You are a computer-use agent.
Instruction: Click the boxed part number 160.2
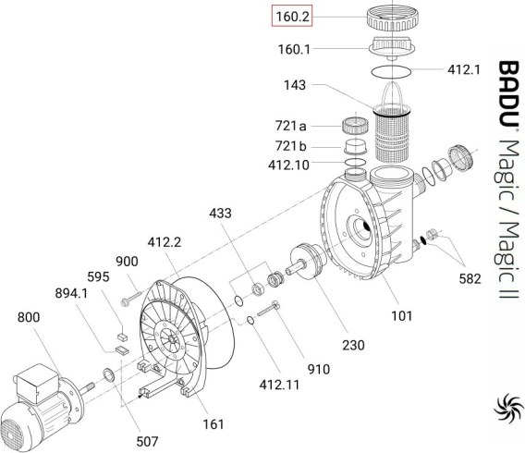click(292, 16)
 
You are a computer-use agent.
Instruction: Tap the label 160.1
click(294, 50)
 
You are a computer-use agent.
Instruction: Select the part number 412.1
click(464, 69)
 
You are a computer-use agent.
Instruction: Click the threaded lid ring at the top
click(392, 18)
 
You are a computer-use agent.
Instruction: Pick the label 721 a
click(290, 126)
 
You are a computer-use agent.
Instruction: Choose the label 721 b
click(290, 146)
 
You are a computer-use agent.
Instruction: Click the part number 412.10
click(288, 165)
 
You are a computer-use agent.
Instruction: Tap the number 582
click(470, 278)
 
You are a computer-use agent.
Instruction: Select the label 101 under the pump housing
click(402, 315)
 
